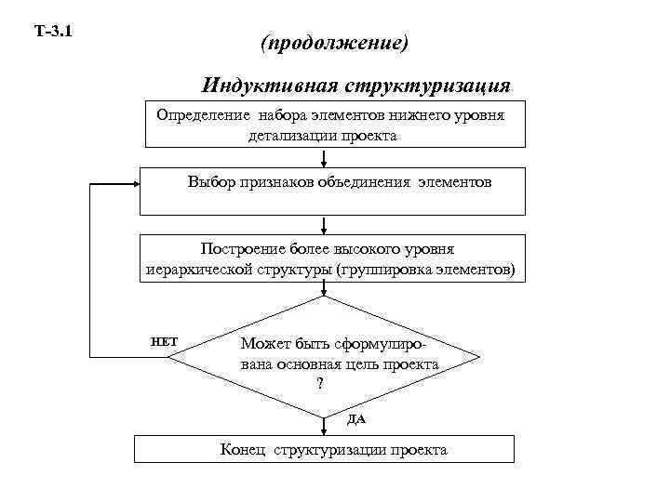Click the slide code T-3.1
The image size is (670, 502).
pyautogui.click(x=54, y=33)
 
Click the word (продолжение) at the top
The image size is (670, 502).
pyautogui.click(x=335, y=44)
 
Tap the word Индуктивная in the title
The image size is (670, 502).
pyautogui.click(x=270, y=86)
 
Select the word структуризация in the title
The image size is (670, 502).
pyautogui.click(x=427, y=86)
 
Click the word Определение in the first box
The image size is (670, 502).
pyautogui.click(x=203, y=116)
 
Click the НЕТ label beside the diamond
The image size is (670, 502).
pyautogui.click(x=165, y=341)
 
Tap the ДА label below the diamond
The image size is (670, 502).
pyautogui.click(x=356, y=419)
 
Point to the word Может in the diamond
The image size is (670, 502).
pyautogui.click(x=263, y=344)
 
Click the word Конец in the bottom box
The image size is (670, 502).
pyautogui.click(x=243, y=450)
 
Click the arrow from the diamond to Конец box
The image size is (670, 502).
pyautogui.click(x=323, y=425)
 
